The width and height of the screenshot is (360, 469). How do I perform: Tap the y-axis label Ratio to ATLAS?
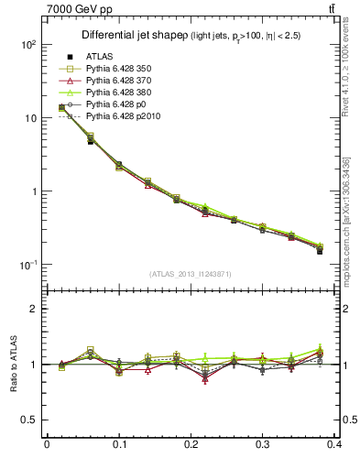coord(13,365)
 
